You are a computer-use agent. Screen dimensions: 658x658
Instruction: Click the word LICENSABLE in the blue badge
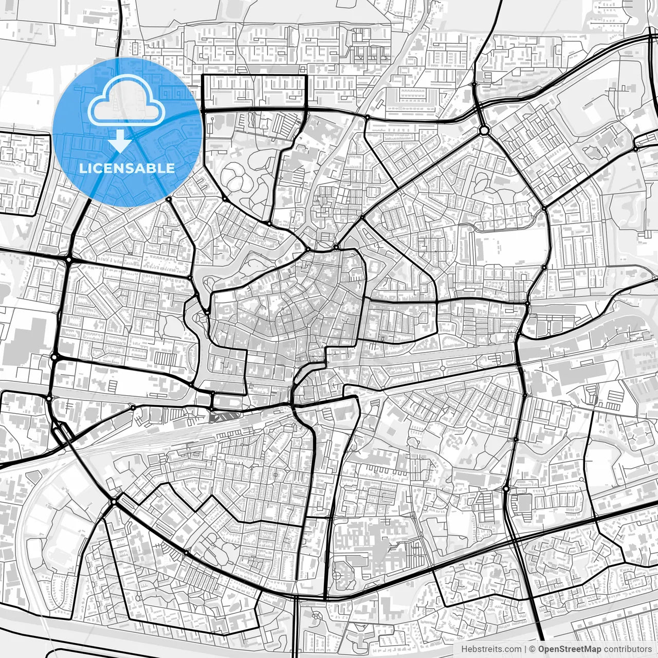pyautogui.click(x=126, y=168)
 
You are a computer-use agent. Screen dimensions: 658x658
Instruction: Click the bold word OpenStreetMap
pyautogui.click(x=570, y=649)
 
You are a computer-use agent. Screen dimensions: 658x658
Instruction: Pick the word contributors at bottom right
pyautogui.click(x=628, y=649)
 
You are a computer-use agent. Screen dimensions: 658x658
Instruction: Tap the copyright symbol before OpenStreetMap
pyautogui.click(x=533, y=649)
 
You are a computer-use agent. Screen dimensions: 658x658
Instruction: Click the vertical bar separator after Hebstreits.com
pyautogui.click(x=526, y=649)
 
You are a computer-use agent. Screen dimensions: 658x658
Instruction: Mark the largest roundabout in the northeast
pyautogui.click(x=484, y=131)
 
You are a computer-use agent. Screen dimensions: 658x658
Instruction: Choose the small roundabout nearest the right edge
pyautogui.click(x=636, y=149)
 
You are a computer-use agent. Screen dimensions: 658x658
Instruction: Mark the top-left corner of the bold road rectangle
pyautogui.click(x=203, y=76)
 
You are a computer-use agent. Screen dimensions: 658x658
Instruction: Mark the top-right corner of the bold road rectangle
pyautogui.click(x=306, y=76)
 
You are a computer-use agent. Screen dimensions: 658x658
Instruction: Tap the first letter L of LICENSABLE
pyautogui.click(x=82, y=168)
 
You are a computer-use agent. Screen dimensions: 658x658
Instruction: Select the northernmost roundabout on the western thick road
pyautogui.click(x=68, y=261)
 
